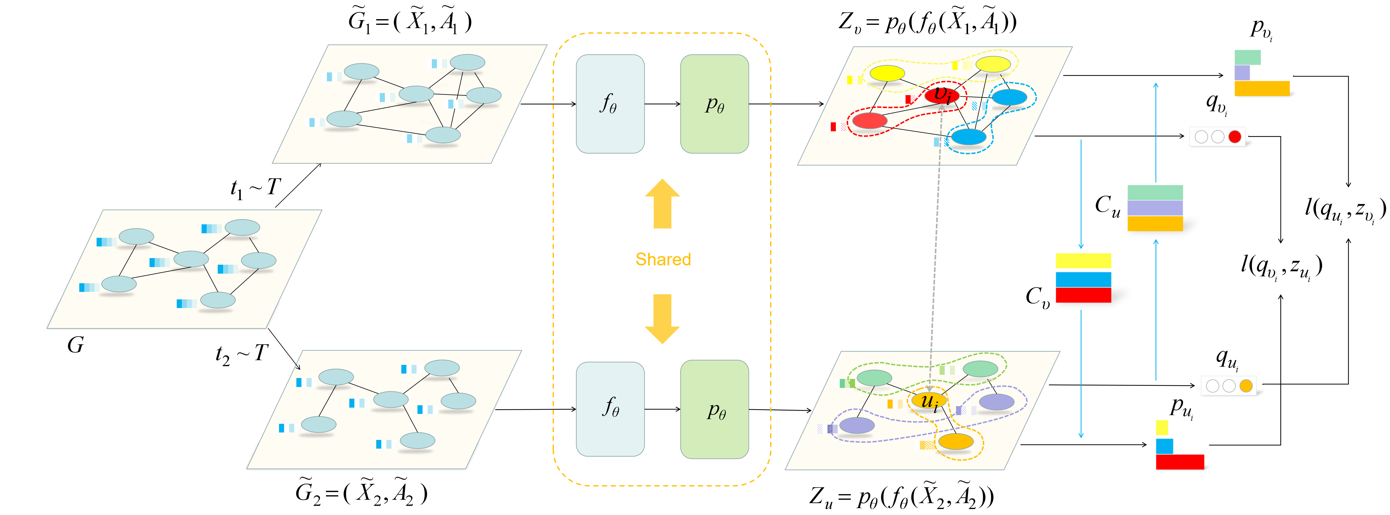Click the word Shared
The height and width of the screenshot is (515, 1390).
coord(663,260)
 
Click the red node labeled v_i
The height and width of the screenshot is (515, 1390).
coord(942,95)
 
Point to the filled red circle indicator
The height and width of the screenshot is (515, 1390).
coord(1234,137)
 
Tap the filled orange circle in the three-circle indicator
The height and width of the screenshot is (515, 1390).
coord(1246,386)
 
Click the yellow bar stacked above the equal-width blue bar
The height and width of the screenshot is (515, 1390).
coord(1083,261)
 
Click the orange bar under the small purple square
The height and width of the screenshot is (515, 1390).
coord(1262,89)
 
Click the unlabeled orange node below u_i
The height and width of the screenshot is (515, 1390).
coord(956,442)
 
